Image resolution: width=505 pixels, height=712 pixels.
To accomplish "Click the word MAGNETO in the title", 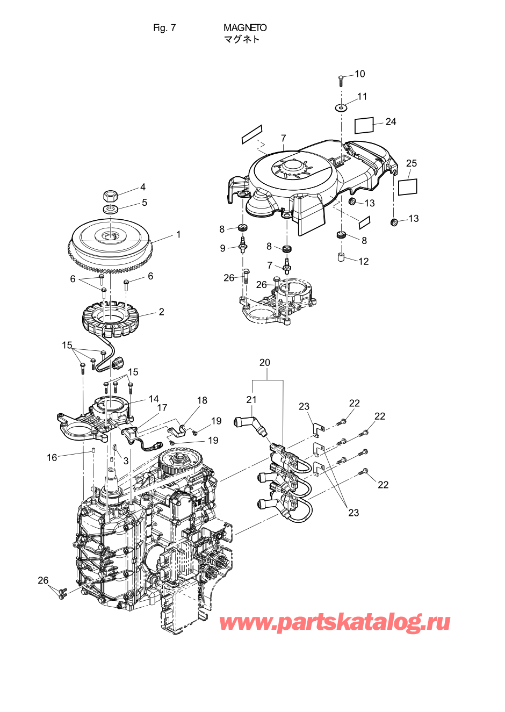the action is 245,28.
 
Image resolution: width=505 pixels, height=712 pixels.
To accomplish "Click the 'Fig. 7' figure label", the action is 164,28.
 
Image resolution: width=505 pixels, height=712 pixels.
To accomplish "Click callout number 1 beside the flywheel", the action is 178,235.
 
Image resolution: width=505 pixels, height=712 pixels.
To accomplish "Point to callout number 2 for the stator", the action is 162,312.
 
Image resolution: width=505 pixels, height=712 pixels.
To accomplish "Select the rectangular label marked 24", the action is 364,126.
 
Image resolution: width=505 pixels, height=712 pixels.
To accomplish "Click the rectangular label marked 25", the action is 408,186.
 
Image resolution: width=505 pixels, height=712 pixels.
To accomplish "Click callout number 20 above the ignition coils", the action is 265,362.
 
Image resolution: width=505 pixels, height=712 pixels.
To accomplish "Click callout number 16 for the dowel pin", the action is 52,457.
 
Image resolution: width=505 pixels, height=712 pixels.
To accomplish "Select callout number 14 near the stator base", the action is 154,399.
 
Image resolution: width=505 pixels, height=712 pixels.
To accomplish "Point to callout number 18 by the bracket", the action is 202,400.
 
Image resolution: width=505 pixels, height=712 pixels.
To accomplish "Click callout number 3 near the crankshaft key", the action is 126,461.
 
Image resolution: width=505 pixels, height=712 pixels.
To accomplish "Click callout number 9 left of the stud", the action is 222,248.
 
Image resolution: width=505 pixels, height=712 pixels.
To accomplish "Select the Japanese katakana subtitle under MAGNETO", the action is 242,39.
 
